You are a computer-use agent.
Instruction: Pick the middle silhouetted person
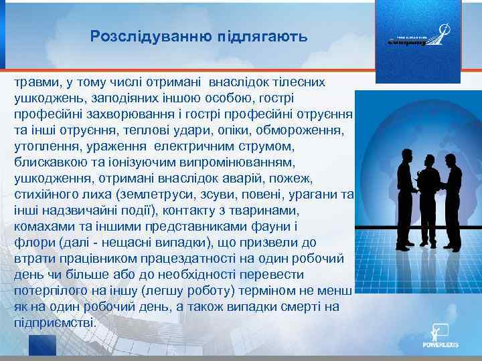point(428,201)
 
